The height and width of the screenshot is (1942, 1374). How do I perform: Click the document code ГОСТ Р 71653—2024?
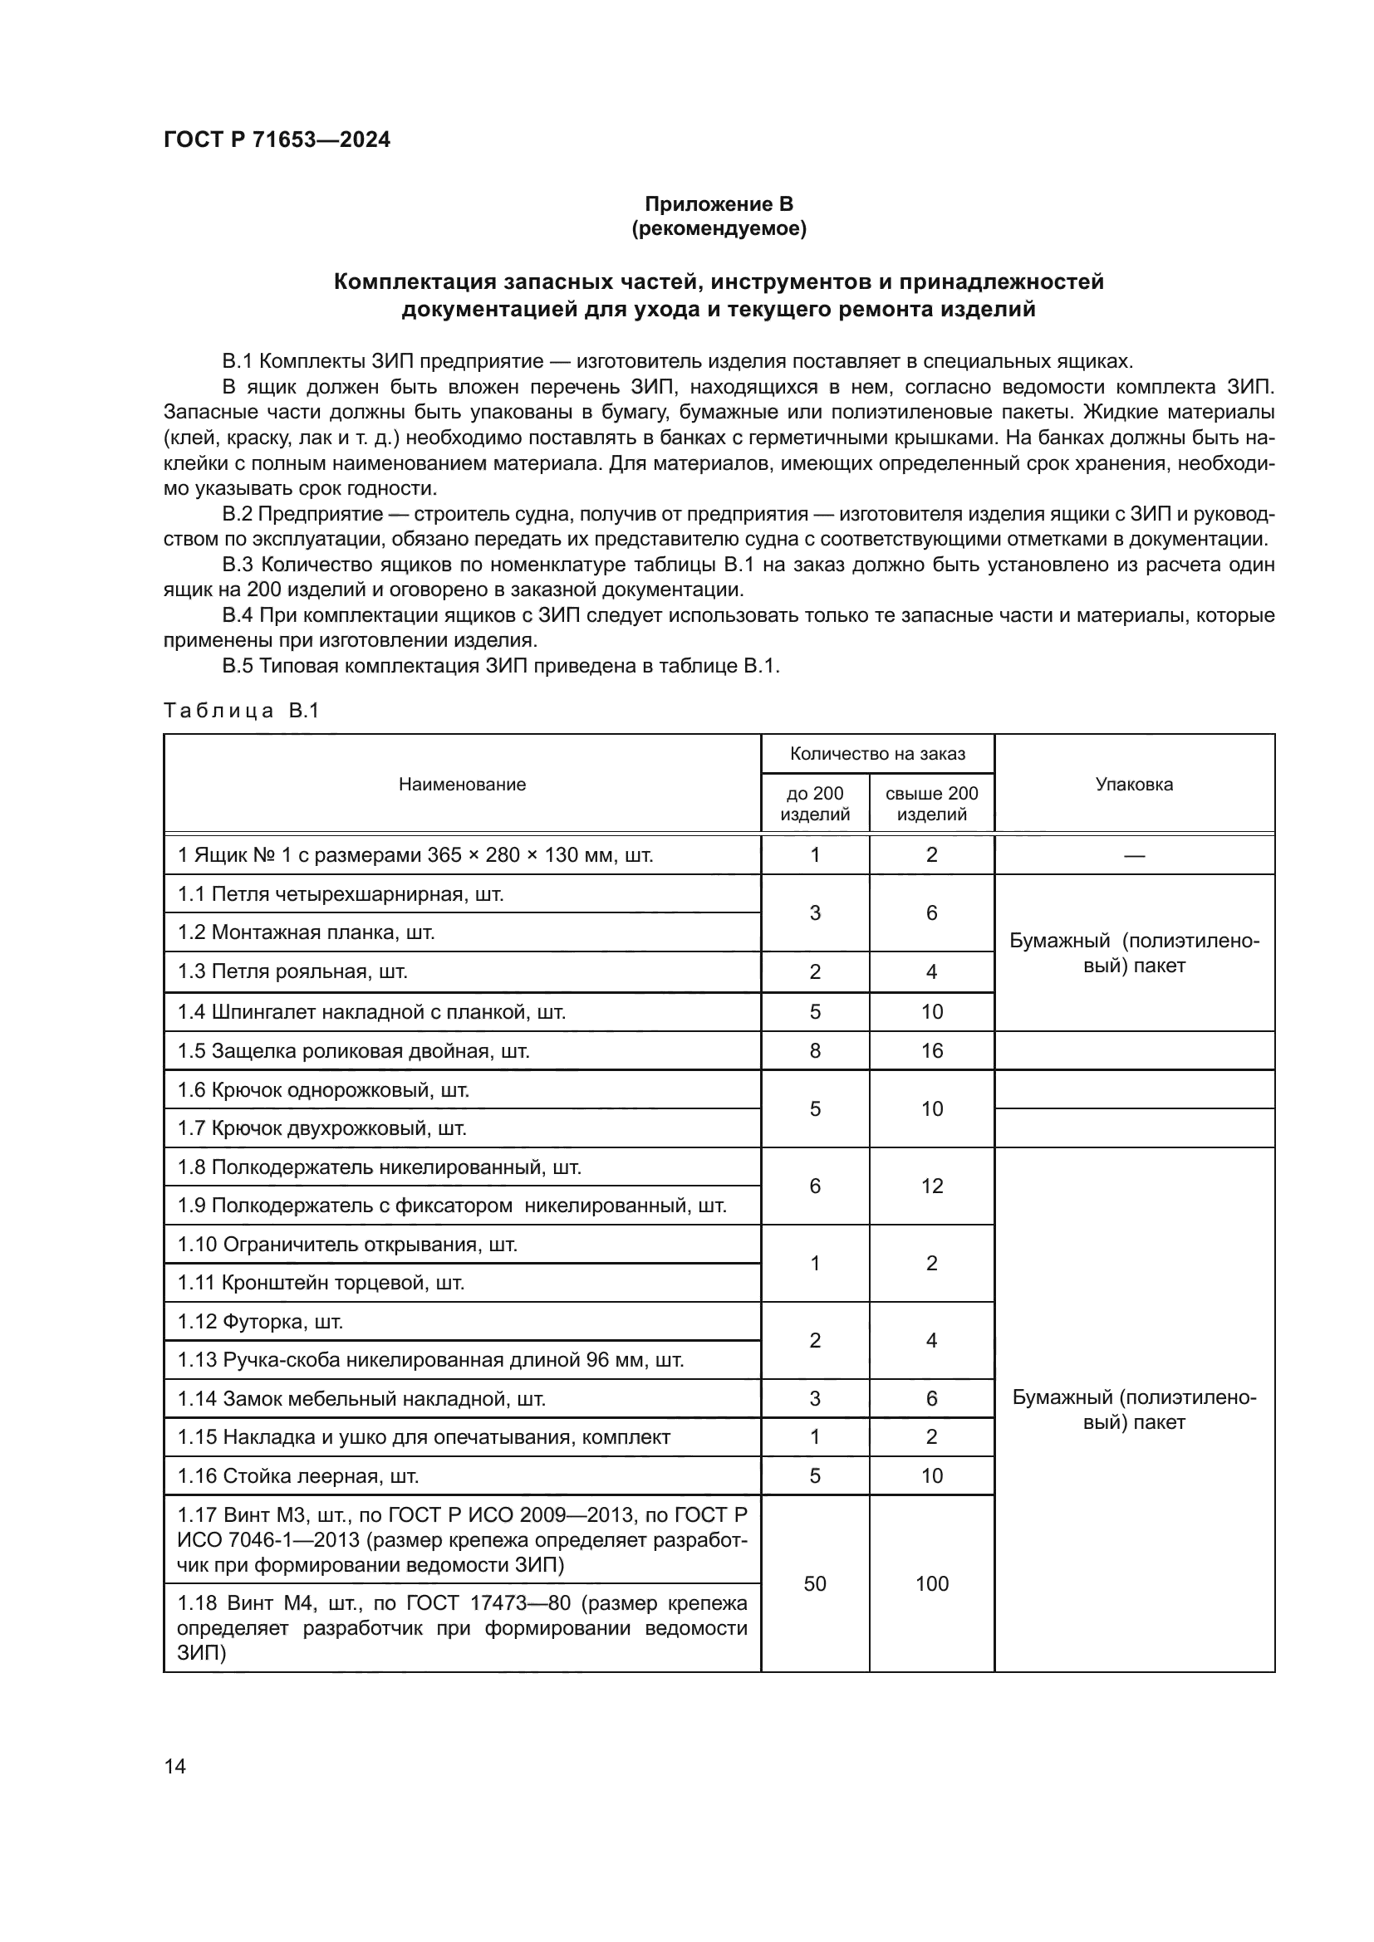277,139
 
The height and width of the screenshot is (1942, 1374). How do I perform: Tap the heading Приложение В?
719,204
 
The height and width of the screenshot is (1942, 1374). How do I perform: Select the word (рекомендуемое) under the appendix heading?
719,228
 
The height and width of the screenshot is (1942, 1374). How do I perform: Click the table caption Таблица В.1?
241,711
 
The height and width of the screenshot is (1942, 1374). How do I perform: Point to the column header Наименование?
462,784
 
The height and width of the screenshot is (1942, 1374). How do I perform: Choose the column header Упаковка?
1134,784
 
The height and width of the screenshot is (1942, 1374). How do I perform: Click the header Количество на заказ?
877,754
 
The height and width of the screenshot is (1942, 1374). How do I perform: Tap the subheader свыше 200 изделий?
931,804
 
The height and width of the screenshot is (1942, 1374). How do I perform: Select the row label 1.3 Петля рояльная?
292,972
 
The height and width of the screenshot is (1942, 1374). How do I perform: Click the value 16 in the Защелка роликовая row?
931,1050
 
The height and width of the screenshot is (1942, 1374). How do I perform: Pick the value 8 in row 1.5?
815,1050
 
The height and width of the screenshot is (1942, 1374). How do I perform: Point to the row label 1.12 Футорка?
261,1321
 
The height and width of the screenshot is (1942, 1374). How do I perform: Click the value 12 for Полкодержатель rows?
931,1186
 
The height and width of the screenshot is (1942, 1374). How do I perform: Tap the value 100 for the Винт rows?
931,1583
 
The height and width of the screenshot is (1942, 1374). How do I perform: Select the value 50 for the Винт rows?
815,1583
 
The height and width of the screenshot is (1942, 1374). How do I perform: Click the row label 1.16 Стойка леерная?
298,1476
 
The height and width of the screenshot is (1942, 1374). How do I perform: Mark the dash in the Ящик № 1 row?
1134,855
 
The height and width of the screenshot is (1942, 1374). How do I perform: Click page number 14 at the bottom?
175,1766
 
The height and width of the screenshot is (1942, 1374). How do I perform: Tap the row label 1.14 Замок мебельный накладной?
361,1399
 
